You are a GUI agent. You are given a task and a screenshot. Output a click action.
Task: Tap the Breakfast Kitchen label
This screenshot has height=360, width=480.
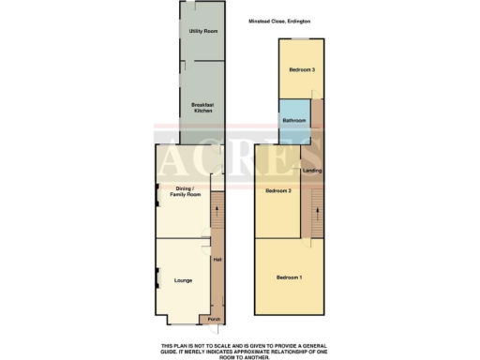(202, 108)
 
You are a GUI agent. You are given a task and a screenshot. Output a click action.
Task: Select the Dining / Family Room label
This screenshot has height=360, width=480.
(188, 192)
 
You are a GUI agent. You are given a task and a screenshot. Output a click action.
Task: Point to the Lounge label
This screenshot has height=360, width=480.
(183, 280)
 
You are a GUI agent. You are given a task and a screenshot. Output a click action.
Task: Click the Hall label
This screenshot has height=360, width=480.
(217, 260)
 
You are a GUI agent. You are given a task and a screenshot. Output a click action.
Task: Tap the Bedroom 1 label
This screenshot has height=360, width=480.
(289, 277)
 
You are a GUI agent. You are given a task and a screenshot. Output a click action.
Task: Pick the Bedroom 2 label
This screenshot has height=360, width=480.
(278, 191)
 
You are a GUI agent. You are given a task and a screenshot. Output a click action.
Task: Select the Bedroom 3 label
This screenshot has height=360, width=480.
(301, 70)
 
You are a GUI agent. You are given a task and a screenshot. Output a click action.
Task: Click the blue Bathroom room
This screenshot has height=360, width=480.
(294, 120)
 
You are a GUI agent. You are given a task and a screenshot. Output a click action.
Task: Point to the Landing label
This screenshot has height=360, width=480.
(312, 171)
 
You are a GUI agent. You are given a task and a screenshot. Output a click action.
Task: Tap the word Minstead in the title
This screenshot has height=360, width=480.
(261, 21)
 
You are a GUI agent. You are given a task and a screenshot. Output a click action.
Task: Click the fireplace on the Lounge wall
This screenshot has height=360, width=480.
(157, 277)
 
